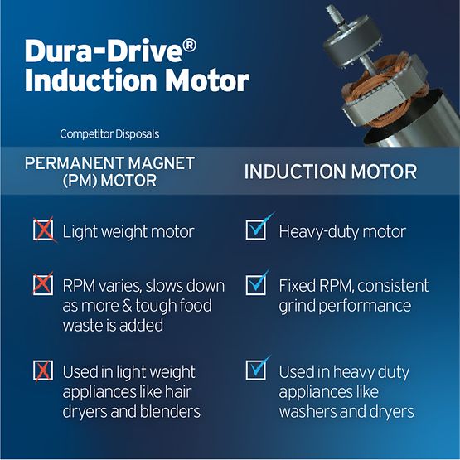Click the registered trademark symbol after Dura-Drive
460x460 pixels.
pos(191,46)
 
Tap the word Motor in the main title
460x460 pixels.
pos(207,80)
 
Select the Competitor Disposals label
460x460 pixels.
pos(109,134)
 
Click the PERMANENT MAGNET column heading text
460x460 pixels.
pos(109,163)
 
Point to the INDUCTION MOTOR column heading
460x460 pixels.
pos(331,172)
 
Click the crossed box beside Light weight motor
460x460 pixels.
pos(43,230)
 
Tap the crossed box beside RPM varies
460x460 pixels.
pos(43,285)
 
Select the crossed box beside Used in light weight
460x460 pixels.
pos(43,370)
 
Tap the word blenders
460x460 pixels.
pos(170,411)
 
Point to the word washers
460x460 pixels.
pos(308,412)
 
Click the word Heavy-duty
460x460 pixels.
pos(319,232)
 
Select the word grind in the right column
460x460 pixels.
pos(297,307)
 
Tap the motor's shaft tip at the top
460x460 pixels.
pos(331,9)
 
